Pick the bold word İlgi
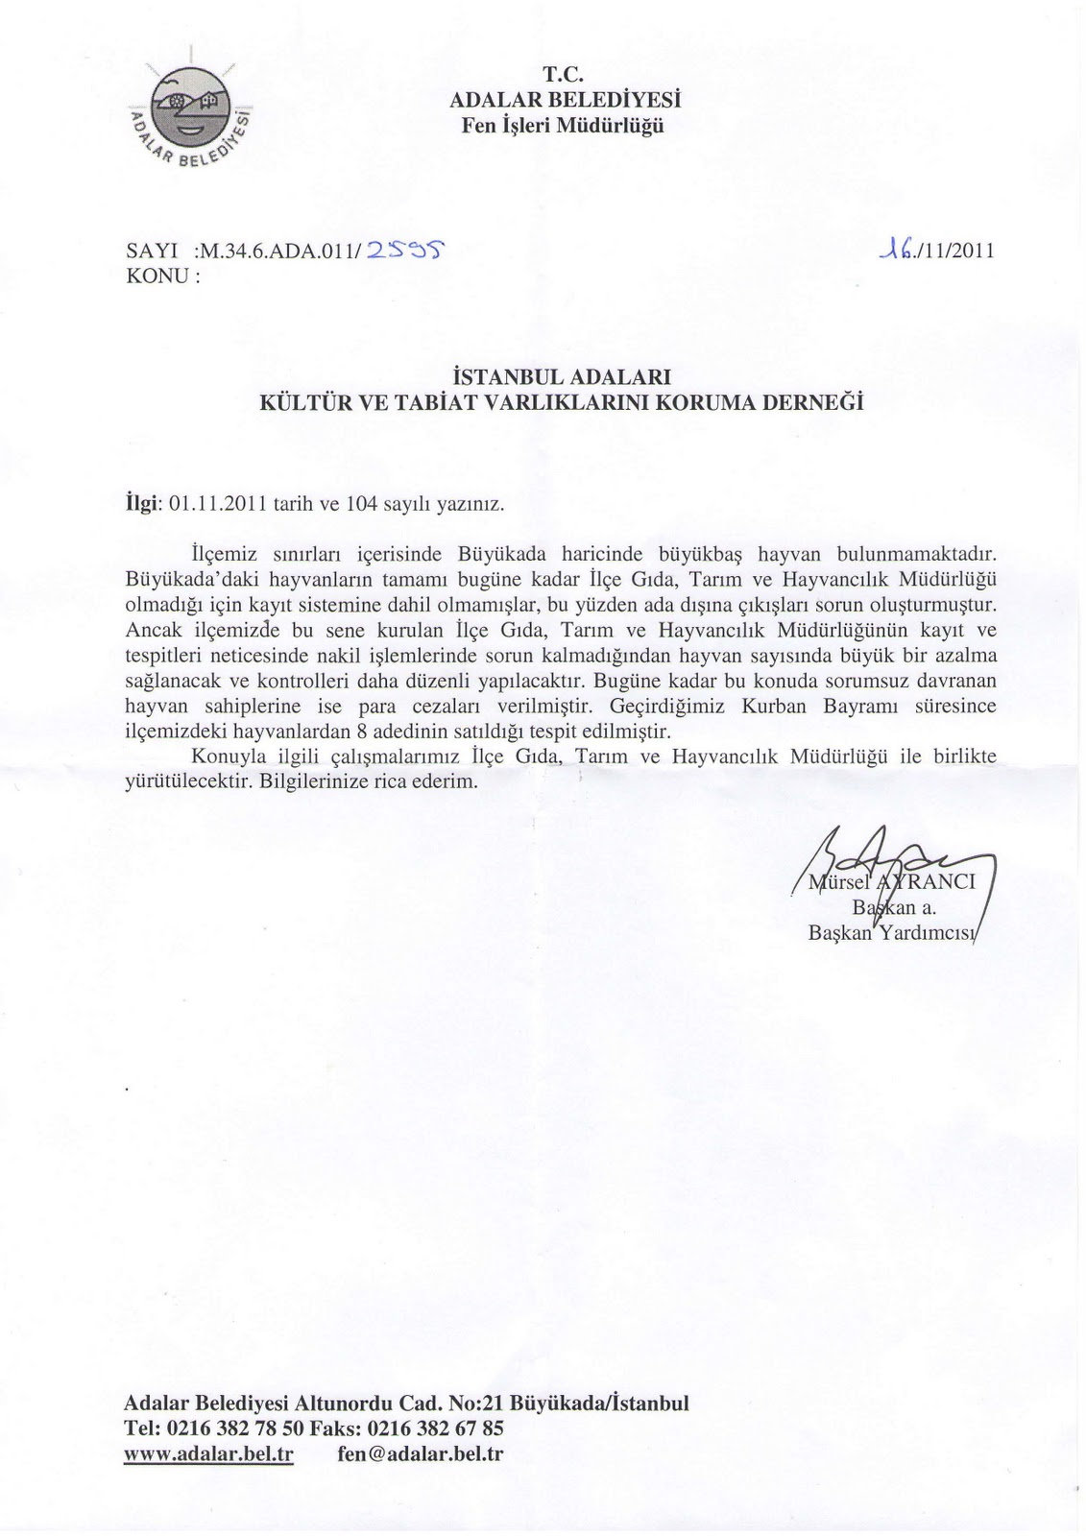point(143,502)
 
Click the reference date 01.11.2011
point(209,502)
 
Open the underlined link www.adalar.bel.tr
point(208,1453)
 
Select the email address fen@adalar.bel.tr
point(421,1453)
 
